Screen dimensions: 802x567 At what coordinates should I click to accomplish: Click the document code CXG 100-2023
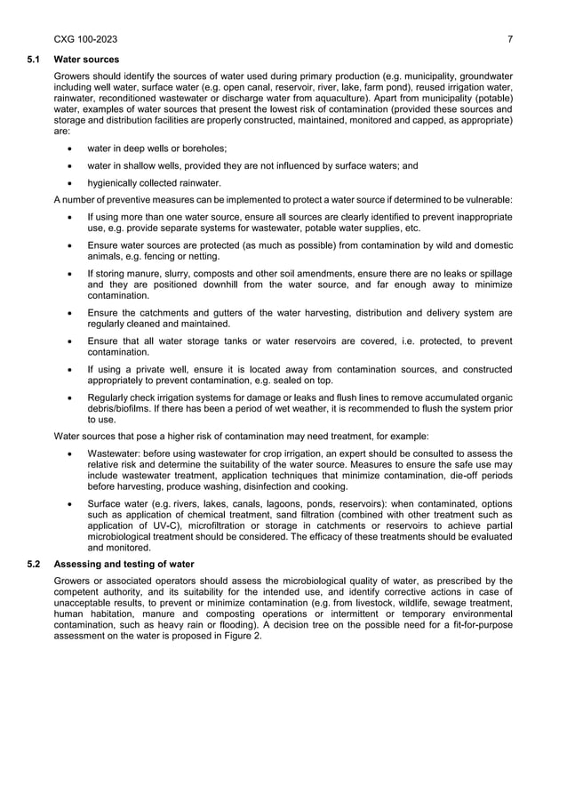click(85, 39)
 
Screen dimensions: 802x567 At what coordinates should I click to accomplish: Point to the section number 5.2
click(33, 565)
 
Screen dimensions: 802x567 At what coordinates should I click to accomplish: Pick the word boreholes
click(205, 148)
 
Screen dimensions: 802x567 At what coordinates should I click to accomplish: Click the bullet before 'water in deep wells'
click(69, 148)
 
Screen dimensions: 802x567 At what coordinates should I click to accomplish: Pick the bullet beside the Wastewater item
click(69, 453)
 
